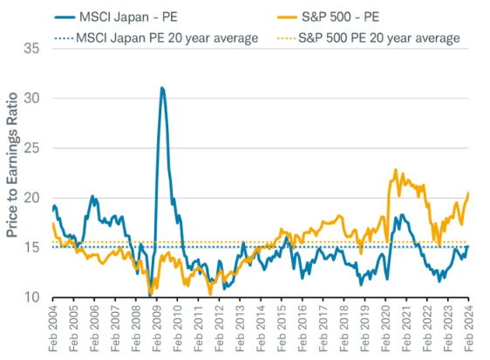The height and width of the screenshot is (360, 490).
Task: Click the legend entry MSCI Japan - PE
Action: (130, 16)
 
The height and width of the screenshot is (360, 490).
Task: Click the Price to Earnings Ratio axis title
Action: (11, 173)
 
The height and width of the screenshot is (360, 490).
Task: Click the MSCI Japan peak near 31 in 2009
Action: (162, 88)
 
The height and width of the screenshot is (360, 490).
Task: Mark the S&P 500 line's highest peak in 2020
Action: (397, 170)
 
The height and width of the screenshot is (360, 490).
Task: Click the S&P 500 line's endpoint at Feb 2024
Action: (469, 193)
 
